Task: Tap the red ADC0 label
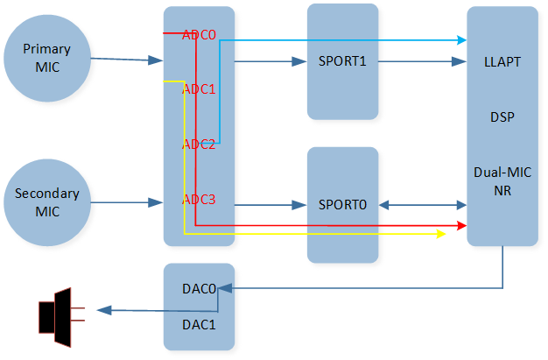(x=199, y=36)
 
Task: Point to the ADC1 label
(x=199, y=89)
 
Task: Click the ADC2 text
(x=199, y=145)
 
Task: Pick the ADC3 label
(x=199, y=200)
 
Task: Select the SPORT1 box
(x=342, y=61)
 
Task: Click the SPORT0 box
(x=342, y=205)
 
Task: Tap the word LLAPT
(x=502, y=63)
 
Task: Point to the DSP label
(x=502, y=116)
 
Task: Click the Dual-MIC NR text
(x=502, y=180)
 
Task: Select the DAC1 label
(x=199, y=323)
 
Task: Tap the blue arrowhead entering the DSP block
(x=460, y=39)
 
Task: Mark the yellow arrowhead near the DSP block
(x=441, y=235)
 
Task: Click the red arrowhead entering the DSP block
(x=460, y=226)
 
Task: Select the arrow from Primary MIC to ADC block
(x=127, y=60)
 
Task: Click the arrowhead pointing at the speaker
(x=103, y=310)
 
